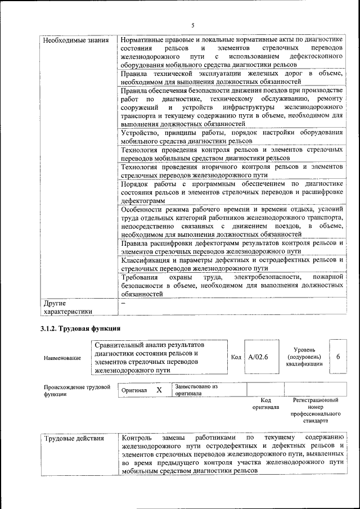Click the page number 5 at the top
(192, 25)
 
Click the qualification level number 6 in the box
(337, 357)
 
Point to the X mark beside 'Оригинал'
(159, 390)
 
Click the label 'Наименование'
(62, 358)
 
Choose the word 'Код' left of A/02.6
(236, 357)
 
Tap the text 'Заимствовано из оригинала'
(196, 390)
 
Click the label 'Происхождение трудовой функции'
(76, 390)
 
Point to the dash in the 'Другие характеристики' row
(123, 303)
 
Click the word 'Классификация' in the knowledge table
(145, 260)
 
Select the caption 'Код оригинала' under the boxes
(265, 403)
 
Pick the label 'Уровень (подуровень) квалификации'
(304, 357)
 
